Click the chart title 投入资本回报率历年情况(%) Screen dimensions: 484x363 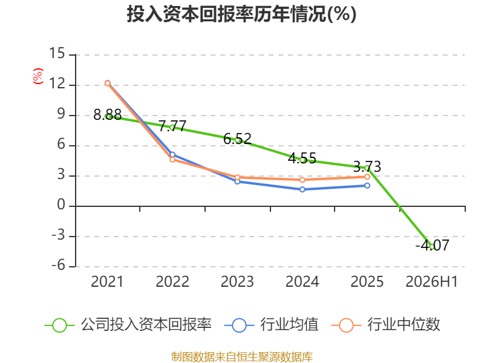tap(241, 14)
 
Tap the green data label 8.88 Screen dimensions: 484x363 tap(108, 115)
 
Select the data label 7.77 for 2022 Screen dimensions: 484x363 tap(172, 126)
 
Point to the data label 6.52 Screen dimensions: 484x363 tap(237, 139)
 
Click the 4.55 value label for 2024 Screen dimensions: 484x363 tap(302, 159)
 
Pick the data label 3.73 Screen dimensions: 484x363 tap(367, 167)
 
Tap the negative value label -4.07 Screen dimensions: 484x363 tap(432, 246)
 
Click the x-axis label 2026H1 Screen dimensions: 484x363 tap(431, 281)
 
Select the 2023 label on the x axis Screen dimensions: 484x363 tap(237, 281)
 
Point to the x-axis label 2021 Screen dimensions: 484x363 tap(107, 281)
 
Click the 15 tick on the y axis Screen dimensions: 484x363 tap(57, 53)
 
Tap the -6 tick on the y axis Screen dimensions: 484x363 tap(58, 265)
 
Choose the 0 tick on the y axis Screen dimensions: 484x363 tap(61, 204)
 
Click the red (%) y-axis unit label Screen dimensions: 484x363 tap(38, 76)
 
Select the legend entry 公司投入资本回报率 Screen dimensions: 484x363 tap(128, 325)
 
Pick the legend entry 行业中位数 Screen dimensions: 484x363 tap(386, 325)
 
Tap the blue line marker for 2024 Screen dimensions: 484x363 tap(302, 189)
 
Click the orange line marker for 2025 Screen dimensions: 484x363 tap(367, 177)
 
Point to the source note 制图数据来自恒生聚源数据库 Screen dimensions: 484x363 tap(242, 357)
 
